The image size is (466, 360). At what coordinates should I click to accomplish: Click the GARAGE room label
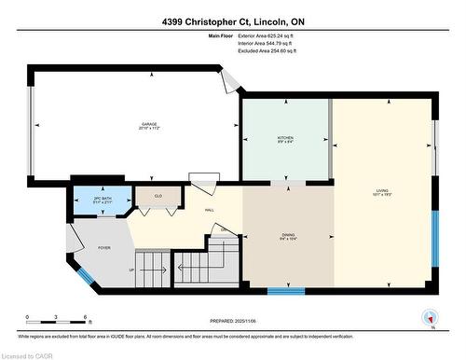point(148,124)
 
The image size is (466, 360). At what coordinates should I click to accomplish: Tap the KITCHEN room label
point(285,138)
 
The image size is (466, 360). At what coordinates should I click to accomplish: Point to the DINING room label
point(288,236)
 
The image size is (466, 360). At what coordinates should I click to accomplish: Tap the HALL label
point(211,210)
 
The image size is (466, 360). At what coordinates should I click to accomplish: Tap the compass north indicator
point(430,317)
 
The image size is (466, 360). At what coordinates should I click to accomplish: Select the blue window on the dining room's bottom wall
point(286,291)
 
